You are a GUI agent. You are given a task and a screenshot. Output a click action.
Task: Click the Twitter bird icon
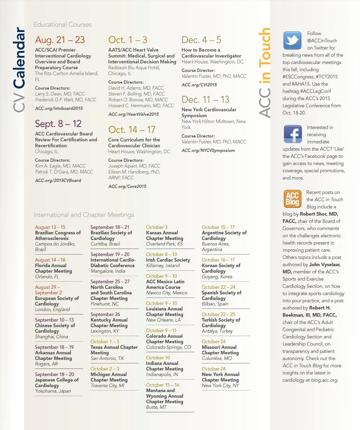click(x=292, y=40)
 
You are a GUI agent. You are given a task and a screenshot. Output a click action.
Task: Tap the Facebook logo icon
click(x=292, y=134)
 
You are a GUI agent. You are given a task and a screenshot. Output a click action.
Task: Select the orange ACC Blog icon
click(x=292, y=199)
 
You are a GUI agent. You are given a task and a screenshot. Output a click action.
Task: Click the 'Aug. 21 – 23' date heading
click(x=60, y=40)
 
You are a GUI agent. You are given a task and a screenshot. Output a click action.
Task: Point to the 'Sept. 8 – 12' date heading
click(x=58, y=124)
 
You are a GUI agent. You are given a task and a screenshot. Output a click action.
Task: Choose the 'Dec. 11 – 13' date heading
click(x=205, y=100)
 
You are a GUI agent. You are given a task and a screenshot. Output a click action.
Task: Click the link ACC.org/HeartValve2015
click(x=133, y=114)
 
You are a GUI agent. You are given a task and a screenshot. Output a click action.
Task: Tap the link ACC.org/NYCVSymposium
click(x=208, y=150)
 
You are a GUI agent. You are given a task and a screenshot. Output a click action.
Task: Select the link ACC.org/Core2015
click(x=127, y=186)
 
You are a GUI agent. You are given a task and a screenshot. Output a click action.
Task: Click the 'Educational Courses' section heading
click(x=63, y=25)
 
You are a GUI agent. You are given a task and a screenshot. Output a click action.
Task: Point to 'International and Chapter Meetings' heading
click(x=84, y=215)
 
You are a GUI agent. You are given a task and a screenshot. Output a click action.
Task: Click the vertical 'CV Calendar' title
click(x=19, y=70)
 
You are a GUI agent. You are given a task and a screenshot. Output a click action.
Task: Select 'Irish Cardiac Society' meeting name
click(x=168, y=260)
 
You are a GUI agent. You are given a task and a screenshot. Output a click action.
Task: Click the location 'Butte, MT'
click(x=156, y=407)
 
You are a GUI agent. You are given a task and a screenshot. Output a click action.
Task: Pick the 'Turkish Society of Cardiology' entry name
click(x=221, y=323)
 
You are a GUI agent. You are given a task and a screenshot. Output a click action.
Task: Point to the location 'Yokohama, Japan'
click(x=53, y=391)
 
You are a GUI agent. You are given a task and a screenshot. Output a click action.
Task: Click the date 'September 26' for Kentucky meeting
click(x=105, y=314)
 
